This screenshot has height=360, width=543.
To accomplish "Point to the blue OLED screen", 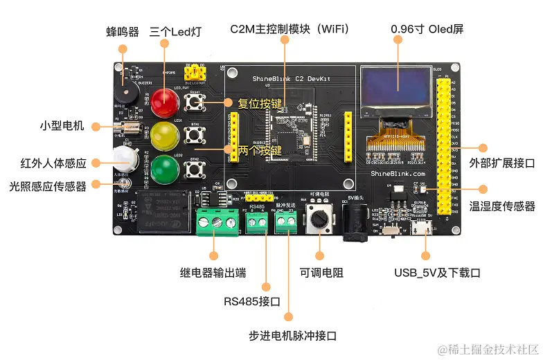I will click(396, 91).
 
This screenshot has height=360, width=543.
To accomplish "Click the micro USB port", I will click(420, 229).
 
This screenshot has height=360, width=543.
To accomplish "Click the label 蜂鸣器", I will click(123, 32).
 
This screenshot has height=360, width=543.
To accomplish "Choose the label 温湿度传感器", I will click(502, 206).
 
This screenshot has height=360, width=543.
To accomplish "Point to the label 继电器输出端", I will click(213, 273).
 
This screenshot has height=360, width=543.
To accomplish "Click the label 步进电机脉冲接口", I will click(292, 336).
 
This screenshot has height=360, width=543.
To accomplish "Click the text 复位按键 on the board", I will click(260, 105).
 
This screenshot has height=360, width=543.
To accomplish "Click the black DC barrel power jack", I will click(353, 223).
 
